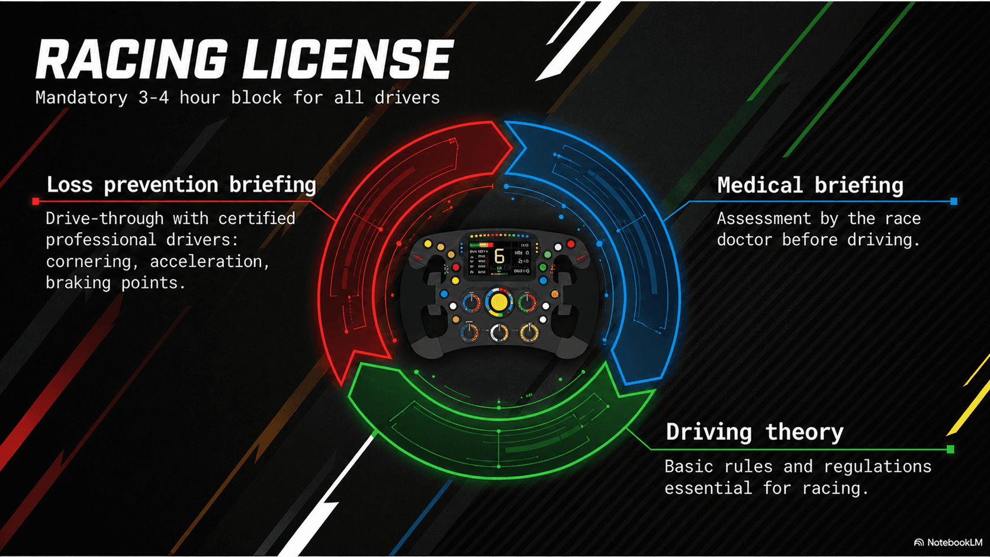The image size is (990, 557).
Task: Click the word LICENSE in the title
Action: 348,59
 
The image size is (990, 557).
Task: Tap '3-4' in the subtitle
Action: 153,97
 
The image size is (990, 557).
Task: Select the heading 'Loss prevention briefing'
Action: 181,185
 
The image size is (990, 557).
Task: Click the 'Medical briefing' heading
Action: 810,185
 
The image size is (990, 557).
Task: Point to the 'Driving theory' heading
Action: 754,432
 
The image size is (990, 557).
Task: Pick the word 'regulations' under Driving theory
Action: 877,466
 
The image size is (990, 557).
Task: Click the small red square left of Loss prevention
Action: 36,202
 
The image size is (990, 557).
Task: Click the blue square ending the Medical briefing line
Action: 953,201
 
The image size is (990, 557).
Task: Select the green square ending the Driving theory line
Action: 950,449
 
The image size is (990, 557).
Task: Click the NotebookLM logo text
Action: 954,542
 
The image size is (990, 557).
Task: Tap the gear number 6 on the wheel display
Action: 499,256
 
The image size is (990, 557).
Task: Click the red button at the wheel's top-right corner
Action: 571,243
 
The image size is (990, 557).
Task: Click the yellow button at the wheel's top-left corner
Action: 428,243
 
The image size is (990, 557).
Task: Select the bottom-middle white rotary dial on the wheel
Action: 499,333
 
